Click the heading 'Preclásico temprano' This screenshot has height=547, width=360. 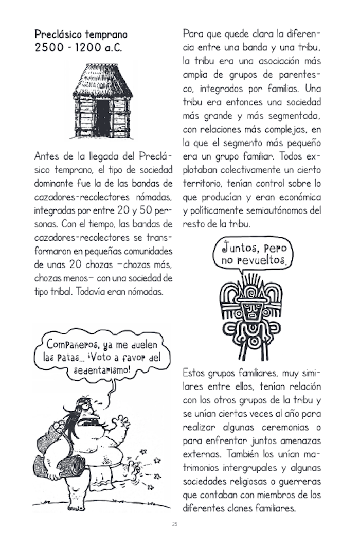click(x=81, y=35)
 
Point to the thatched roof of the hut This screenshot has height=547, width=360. click(x=104, y=82)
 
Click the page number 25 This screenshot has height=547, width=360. click(x=175, y=525)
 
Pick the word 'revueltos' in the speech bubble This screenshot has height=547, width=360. click(x=261, y=261)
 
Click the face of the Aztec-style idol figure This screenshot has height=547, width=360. click(x=252, y=310)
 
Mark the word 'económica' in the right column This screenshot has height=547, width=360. click(x=299, y=197)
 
